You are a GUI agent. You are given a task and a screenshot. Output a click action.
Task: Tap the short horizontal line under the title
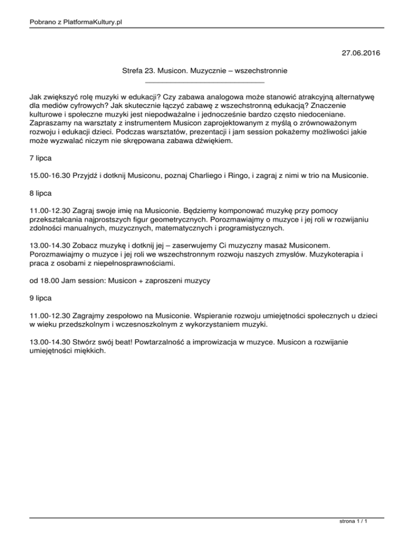point(206,81)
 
